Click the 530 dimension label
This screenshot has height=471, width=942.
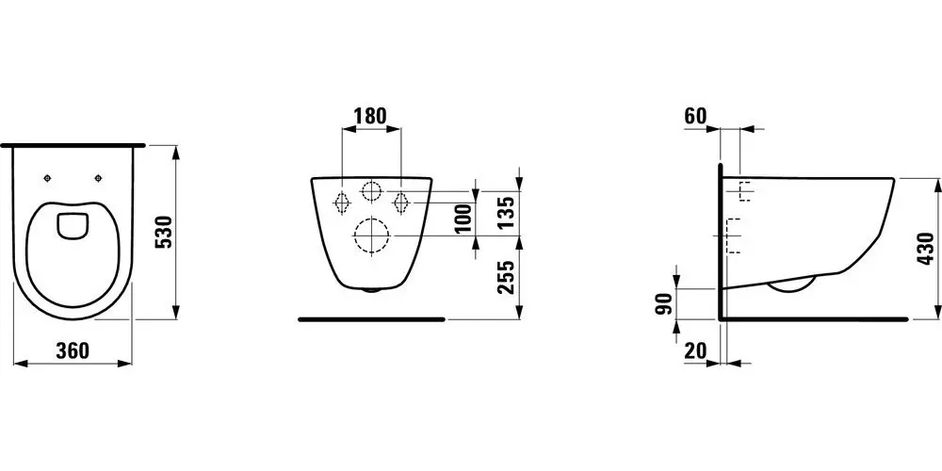coord(162,232)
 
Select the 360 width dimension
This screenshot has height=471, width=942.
coord(72,350)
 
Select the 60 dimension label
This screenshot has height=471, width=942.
coord(694,116)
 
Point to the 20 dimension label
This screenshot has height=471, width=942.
coord(695,350)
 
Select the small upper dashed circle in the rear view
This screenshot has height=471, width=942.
coord(371,191)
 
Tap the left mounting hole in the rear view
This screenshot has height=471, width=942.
coord(342,200)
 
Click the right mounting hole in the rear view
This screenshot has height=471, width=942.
coord(400,200)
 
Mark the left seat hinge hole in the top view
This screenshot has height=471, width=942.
coord(46,179)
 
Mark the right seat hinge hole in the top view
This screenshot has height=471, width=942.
coord(98,179)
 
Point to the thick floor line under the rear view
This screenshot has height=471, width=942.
coord(371,319)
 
